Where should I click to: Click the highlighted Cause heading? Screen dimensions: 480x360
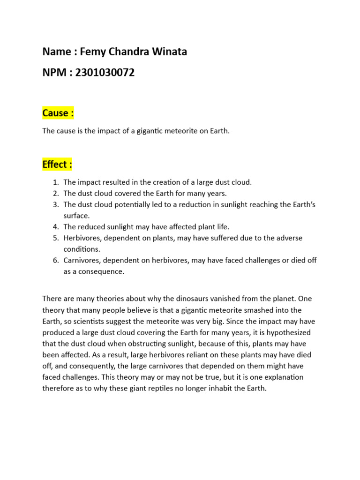[58, 113]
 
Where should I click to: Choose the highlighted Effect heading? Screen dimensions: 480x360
[57, 165]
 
